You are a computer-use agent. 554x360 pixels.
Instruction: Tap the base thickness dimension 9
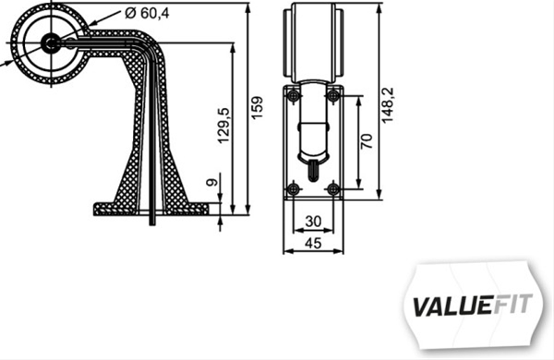coord(213,185)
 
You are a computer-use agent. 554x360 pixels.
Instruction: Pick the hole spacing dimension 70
coord(367,142)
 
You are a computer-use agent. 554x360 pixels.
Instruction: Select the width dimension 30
coord(312,222)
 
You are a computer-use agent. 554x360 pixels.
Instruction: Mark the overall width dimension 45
coord(312,243)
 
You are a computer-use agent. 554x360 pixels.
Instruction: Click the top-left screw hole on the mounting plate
coord(293,96)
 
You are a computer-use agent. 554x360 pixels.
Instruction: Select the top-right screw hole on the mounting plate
coord(334,96)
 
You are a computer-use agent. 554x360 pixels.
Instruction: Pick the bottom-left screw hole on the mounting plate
coord(293,189)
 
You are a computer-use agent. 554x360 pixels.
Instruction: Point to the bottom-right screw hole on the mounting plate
coord(334,189)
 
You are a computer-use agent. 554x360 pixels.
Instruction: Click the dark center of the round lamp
coord(50,42)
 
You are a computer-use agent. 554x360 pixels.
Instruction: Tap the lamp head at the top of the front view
coord(314,41)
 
